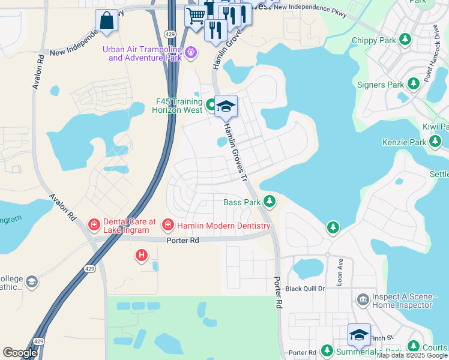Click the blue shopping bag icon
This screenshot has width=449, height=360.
(x=106, y=21)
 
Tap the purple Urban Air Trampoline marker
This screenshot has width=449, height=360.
(x=191, y=53)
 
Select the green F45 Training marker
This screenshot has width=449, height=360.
(x=211, y=106)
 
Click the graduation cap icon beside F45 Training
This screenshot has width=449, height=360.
(x=226, y=107)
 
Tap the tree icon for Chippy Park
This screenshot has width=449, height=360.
(x=406, y=40)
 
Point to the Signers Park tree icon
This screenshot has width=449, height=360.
(x=413, y=85)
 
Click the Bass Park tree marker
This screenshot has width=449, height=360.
(x=270, y=202)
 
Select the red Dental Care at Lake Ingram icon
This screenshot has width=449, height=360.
(x=94, y=226)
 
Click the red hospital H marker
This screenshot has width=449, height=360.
(x=142, y=256)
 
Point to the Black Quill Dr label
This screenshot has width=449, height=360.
(x=305, y=289)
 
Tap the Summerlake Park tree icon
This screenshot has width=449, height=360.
(x=327, y=350)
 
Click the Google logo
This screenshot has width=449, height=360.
(x=20, y=353)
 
